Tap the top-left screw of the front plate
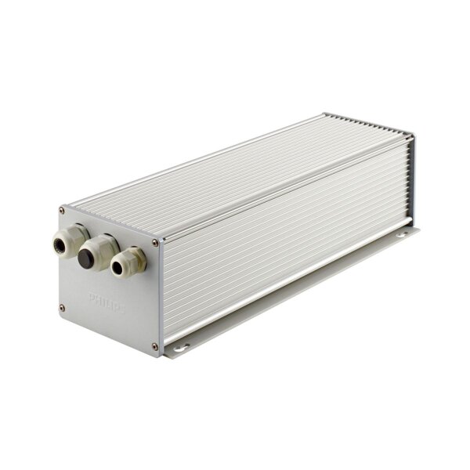(x=63, y=210)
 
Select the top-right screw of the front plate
(x=155, y=243)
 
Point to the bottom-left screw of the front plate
(x=62, y=307)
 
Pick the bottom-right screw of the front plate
(x=154, y=345)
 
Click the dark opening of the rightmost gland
(x=117, y=269)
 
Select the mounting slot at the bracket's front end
(x=183, y=343)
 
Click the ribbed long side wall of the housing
(x=282, y=235)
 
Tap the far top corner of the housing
(x=326, y=116)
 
